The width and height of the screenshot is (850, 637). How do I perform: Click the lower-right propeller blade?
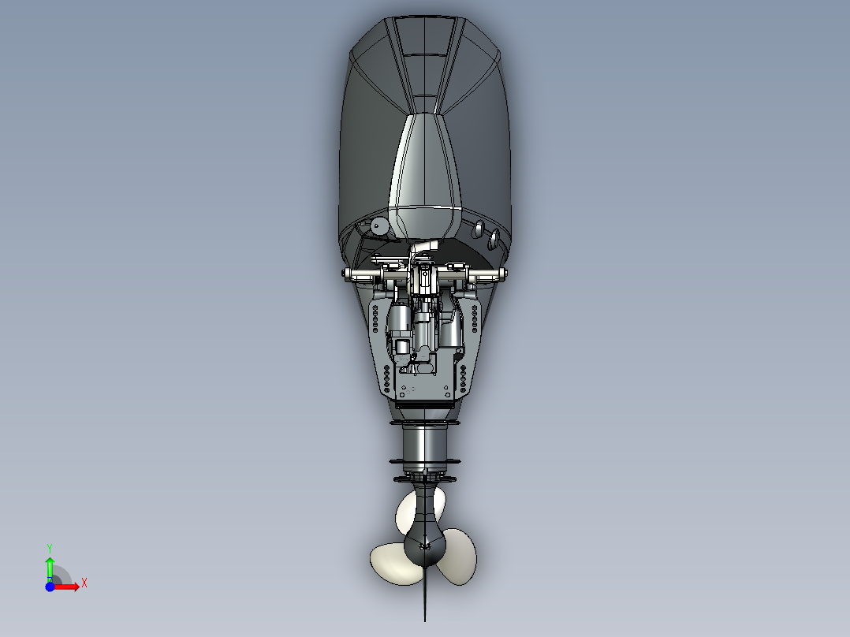pyautogui.click(x=459, y=559)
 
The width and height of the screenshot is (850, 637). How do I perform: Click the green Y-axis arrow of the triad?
pyautogui.click(x=50, y=567)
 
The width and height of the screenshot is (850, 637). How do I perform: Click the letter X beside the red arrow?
pyautogui.click(x=84, y=583)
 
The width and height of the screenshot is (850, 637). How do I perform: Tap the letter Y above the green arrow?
pyautogui.click(x=49, y=547)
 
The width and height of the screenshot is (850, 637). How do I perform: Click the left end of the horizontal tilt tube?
pyautogui.click(x=348, y=274)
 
